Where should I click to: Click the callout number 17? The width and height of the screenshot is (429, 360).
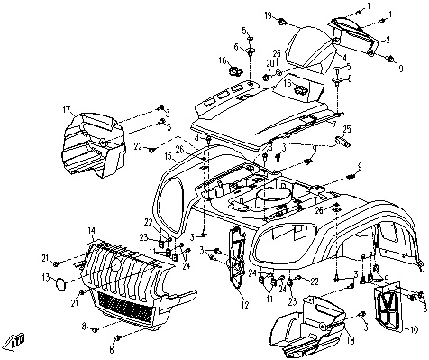pyautogui.click(x=67, y=110)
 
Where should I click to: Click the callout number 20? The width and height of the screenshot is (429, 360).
pyautogui.click(x=268, y=63)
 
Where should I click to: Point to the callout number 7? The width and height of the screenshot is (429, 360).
pyautogui.click(x=334, y=123)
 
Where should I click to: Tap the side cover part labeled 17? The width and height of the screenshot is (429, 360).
pyautogui.click(x=93, y=143)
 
